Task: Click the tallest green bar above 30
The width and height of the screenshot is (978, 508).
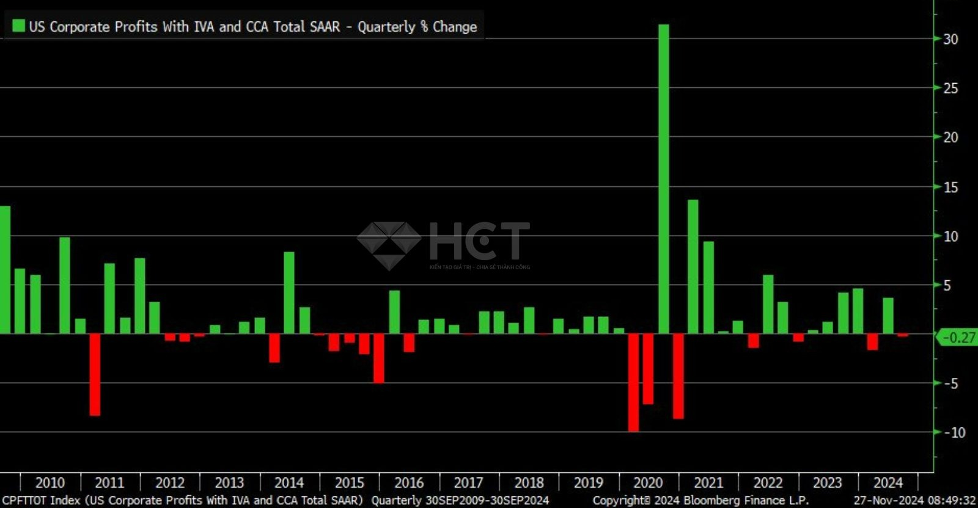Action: pyautogui.click(x=663, y=177)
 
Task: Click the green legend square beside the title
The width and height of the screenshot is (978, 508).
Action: pyautogui.click(x=18, y=26)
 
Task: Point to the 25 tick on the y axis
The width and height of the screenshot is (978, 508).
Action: pyautogui.click(x=950, y=89)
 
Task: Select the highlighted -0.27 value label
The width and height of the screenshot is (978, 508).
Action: pyautogui.click(x=958, y=337)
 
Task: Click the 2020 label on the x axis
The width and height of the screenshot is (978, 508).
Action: pyautogui.click(x=648, y=483)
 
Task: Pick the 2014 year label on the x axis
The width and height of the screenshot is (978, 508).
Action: pyautogui.click(x=289, y=483)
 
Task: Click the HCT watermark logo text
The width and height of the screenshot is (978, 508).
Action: pyautogui.click(x=479, y=241)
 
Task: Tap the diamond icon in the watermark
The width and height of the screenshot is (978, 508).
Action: pyautogui.click(x=389, y=245)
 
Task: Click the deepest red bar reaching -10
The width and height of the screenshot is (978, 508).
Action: pyautogui.click(x=633, y=383)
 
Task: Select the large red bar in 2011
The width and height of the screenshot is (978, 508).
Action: pyautogui.click(x=95, y=374)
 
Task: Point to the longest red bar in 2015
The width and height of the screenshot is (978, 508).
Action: pyautogui.click(x=379, y=358)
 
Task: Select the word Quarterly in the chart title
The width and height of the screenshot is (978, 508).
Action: pyautogui.click(x=386, y=27)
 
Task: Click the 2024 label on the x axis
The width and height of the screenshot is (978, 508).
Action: pyautogui.click(x=888, y=483)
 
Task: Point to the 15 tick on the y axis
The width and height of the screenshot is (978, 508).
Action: pyautogui.click(x=950, y=187)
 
